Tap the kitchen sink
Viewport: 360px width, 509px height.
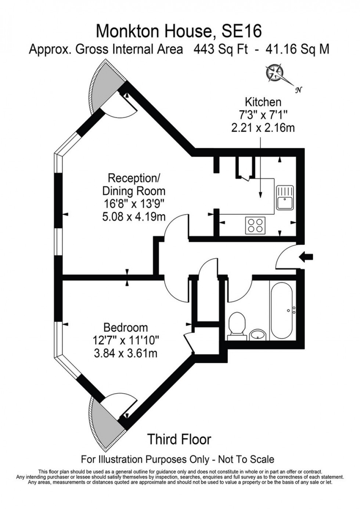click(285, 197)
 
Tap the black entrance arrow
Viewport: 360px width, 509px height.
click(306, 257)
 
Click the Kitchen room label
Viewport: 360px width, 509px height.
click(263, 102)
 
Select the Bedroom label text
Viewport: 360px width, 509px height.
click(126, 327)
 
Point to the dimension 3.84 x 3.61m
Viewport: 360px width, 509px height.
click(126, 354)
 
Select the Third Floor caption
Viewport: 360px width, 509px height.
click(179, 439)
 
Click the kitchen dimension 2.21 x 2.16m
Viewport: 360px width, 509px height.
click(263, 128)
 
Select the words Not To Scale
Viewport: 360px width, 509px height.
click(246, 459)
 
